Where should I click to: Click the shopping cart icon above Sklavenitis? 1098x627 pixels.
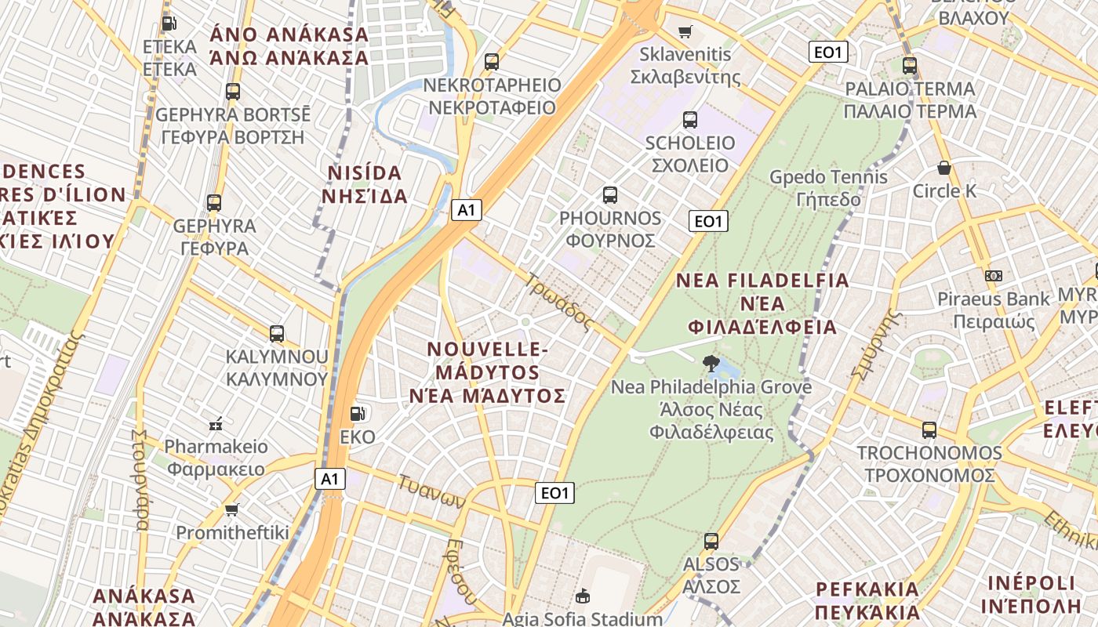coord(685,32)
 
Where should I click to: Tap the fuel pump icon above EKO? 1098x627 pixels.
coord(358,413)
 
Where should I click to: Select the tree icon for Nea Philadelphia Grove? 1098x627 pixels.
coord(711,363)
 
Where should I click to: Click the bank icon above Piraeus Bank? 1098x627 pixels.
coord(994,275)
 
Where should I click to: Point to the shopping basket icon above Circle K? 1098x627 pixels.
coord(944,168)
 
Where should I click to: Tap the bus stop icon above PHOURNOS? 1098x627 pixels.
coord(610,195)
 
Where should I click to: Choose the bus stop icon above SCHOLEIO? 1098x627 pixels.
coord(690,120)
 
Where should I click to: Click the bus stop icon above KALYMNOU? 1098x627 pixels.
coord(277,333)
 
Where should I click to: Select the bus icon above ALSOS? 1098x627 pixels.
coord(711,542)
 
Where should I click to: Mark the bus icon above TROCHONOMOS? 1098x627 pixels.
coord(929,430)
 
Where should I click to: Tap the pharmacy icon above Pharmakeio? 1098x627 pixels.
coord(216,424)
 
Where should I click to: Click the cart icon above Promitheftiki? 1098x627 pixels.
coord(231,510)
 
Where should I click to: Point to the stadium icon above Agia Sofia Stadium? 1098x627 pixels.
coord(583,596)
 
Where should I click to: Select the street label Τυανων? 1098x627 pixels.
coord(432,491)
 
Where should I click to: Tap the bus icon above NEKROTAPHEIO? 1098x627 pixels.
coord(492,62)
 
